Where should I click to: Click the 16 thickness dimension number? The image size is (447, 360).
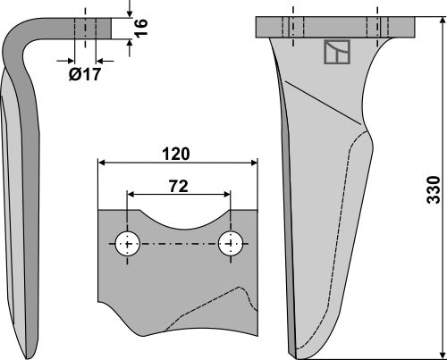139,29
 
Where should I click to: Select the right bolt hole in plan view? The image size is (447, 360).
231,244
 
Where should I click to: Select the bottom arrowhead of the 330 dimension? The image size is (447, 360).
439,355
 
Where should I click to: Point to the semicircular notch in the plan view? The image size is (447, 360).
179,220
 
